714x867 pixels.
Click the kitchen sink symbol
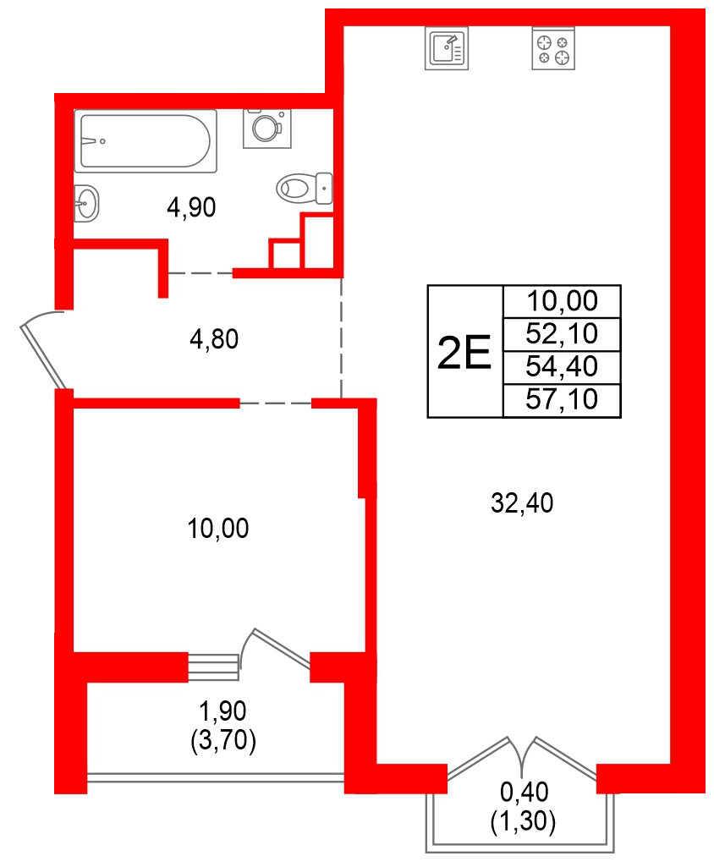[x=446, y=48]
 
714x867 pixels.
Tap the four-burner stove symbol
[x=553, y=48]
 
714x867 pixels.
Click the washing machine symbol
[x=267, y=128]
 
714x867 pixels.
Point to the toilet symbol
[x=304, y=187]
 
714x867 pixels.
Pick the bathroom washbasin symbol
[x=86, y=203]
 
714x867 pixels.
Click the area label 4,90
[x=192, y=207]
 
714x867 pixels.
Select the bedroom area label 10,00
[x=218, y=530]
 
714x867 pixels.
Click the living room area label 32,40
[x=522, y=504]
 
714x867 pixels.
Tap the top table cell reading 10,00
[x=562, y=301]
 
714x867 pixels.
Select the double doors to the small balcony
[x=522, y=757]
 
